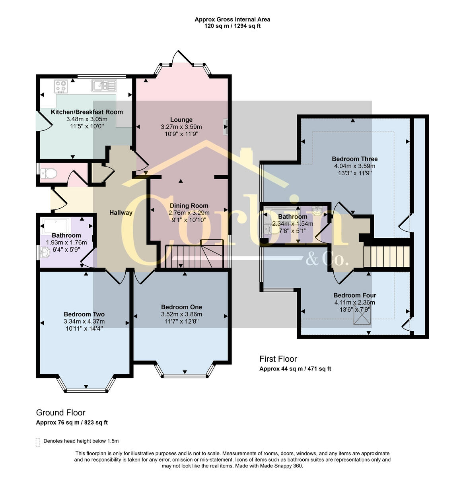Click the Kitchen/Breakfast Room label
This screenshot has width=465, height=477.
click(x=87, y=112)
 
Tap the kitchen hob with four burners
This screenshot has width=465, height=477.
click(x=61, y=87)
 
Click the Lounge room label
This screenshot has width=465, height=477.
click(x=181, y=120)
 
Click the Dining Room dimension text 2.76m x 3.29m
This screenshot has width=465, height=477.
click(x=189, y=213)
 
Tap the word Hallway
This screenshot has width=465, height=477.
click(x=121, y=213)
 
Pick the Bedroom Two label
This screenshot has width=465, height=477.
click(x=84, y=314)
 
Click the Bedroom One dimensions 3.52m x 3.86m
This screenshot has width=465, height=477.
click(x=181, y=314)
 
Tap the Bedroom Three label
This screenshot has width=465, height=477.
click(x=355, y=159)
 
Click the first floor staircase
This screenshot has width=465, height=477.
click(x=387, y=257)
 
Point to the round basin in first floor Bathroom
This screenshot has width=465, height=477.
click(x=317, y=211)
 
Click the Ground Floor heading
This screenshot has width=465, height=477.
click(x=60, y=413)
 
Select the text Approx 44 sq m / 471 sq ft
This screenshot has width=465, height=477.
click(x=295, y=369)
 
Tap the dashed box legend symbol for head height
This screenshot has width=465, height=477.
click(x=38, y=442)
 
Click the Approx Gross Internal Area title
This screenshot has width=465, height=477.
click(x=232, y=19)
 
